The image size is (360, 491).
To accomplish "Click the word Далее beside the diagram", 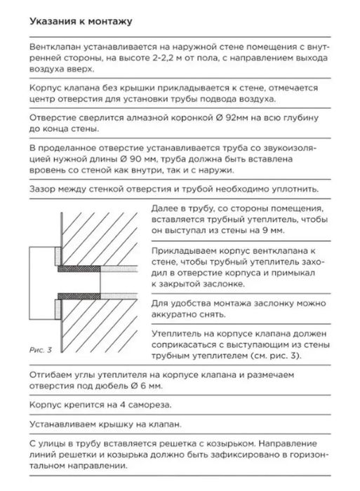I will tap(165, 209).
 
